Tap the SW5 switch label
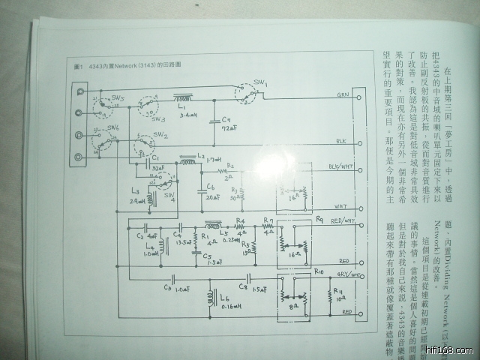coord(118,98)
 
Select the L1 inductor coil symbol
coord(182,97)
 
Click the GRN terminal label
coord(343,96)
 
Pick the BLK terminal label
coord(341,141)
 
